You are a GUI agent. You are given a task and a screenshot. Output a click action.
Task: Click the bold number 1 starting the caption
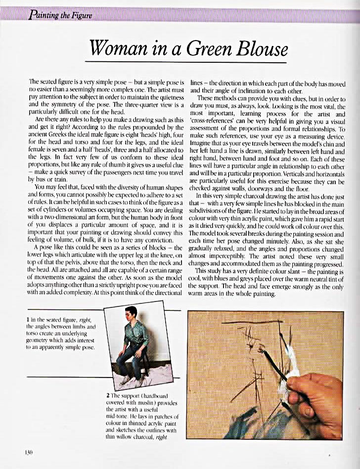32,320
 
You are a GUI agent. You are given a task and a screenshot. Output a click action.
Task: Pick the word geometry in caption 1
41,341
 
